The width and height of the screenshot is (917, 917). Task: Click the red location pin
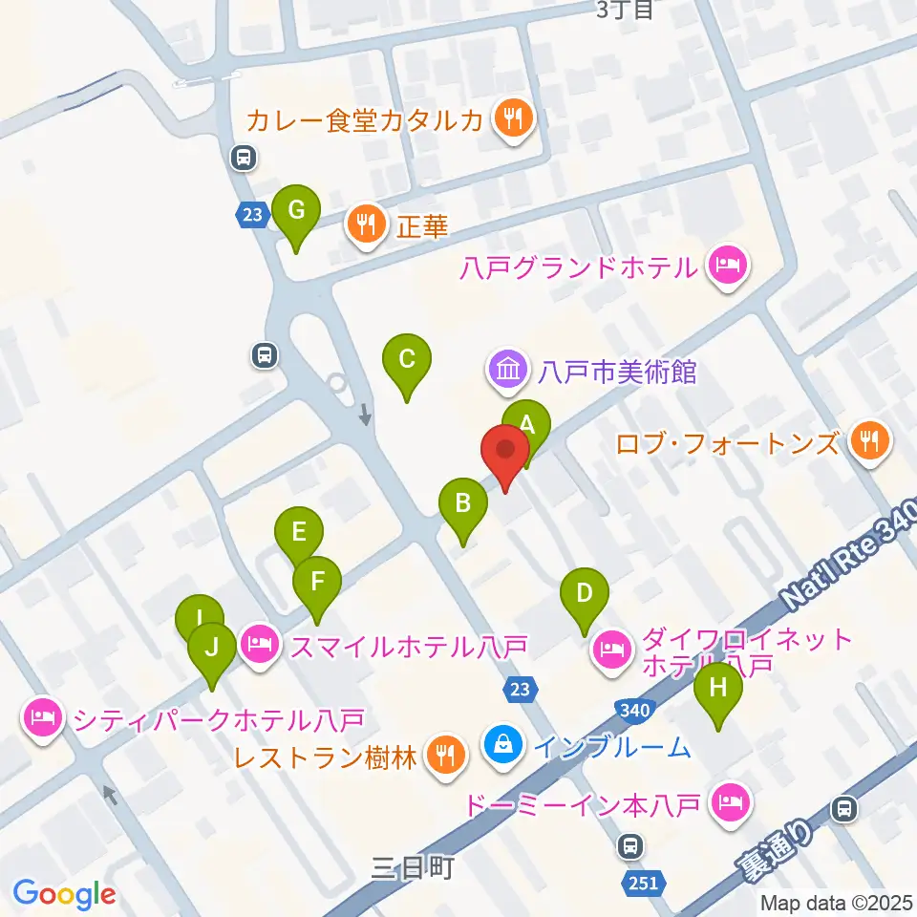[505, 449]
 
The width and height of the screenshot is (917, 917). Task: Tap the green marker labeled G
[296, 209]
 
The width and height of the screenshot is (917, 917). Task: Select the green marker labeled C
[406, 360]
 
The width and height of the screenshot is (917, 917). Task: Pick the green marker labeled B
[463, 502]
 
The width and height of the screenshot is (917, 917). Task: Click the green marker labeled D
[585, 593]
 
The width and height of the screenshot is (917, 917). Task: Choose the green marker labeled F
[317, 581]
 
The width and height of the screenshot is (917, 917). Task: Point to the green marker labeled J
[212, 647]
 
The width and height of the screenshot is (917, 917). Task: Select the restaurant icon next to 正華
[367, 225]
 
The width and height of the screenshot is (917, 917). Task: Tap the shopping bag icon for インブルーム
[502, 745]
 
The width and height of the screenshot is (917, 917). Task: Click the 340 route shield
[634, 711]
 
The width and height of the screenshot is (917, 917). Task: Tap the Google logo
[64, 893]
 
